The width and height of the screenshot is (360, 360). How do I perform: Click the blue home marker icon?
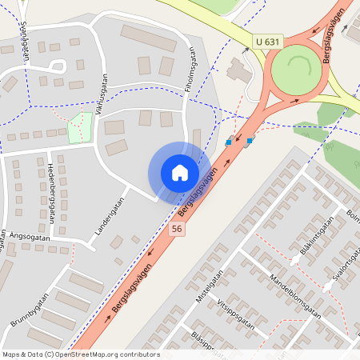pyautogui.click(x=180, y=172)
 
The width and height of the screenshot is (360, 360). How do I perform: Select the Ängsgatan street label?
pyautogui.click(x=30, y=237)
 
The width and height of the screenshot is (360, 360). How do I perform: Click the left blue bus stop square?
pyautogui.click(x=229, y=143)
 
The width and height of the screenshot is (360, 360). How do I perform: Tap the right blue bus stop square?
pyautogui.click(x=250, y=141)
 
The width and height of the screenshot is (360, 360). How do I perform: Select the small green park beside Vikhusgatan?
pyautogui.click(x=80, y=128)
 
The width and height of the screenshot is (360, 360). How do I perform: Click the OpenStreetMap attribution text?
pyautogui.click(x=81, y=354)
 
